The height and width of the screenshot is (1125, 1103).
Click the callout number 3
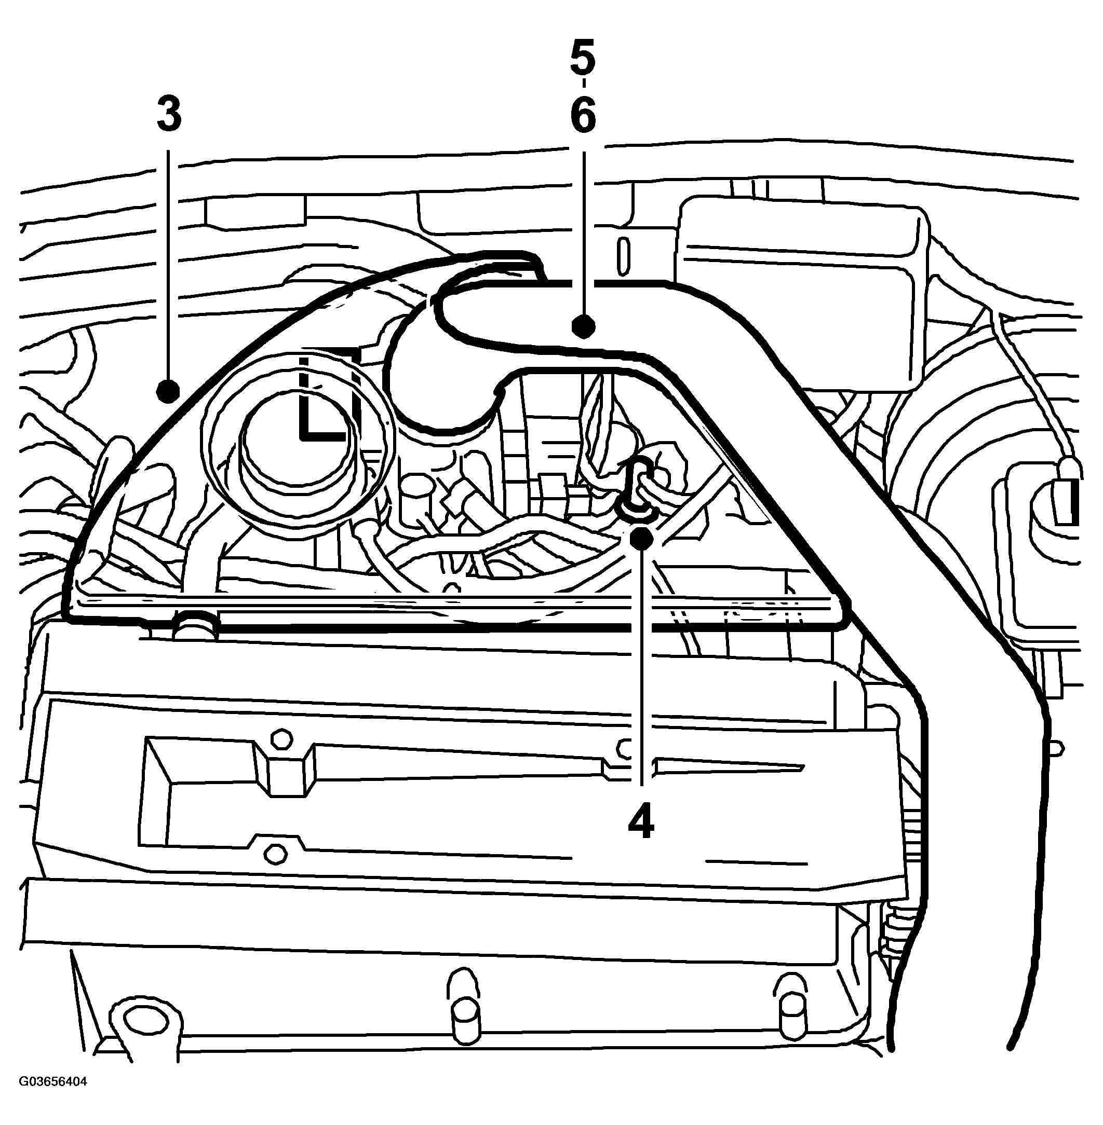click(169, 115)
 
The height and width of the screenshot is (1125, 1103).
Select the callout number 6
click(583, 115)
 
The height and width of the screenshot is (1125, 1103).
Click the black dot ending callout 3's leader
click(169, 391)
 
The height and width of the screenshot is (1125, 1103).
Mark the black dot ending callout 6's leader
click(583, 326)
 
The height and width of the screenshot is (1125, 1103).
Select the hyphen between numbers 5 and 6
click(583, 86)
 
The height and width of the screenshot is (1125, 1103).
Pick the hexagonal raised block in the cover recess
click(286, 767)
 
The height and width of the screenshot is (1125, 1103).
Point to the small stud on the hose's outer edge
click(1054, 749)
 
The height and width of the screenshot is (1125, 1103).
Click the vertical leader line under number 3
click(169, 265)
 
